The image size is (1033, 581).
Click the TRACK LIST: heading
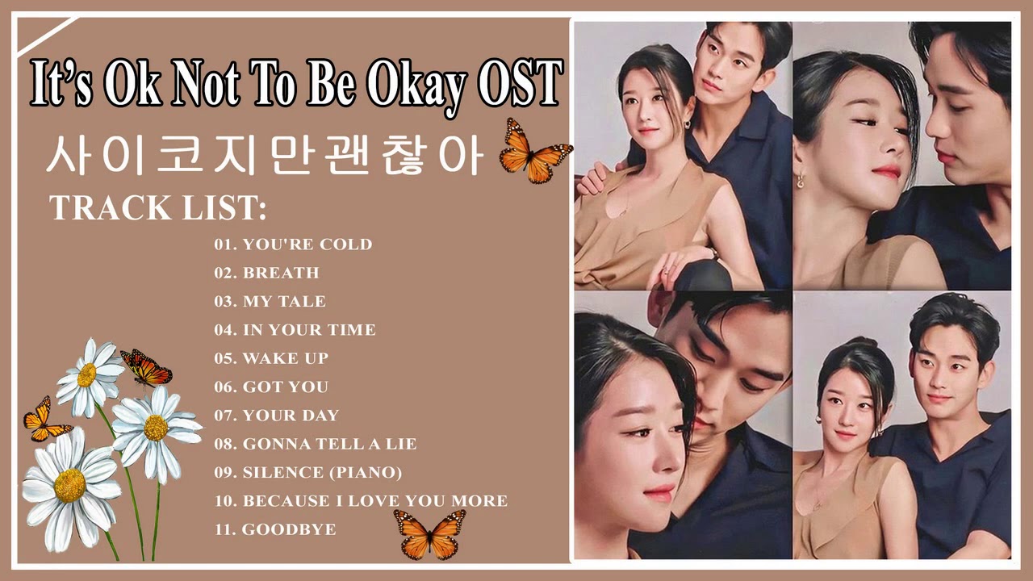pos(158,207)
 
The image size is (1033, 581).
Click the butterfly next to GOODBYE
pos(429,533)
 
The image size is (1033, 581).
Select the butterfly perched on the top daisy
pos(146,368)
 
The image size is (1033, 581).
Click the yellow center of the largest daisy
pos(70,484)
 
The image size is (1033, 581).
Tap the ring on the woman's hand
pos(666,271)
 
